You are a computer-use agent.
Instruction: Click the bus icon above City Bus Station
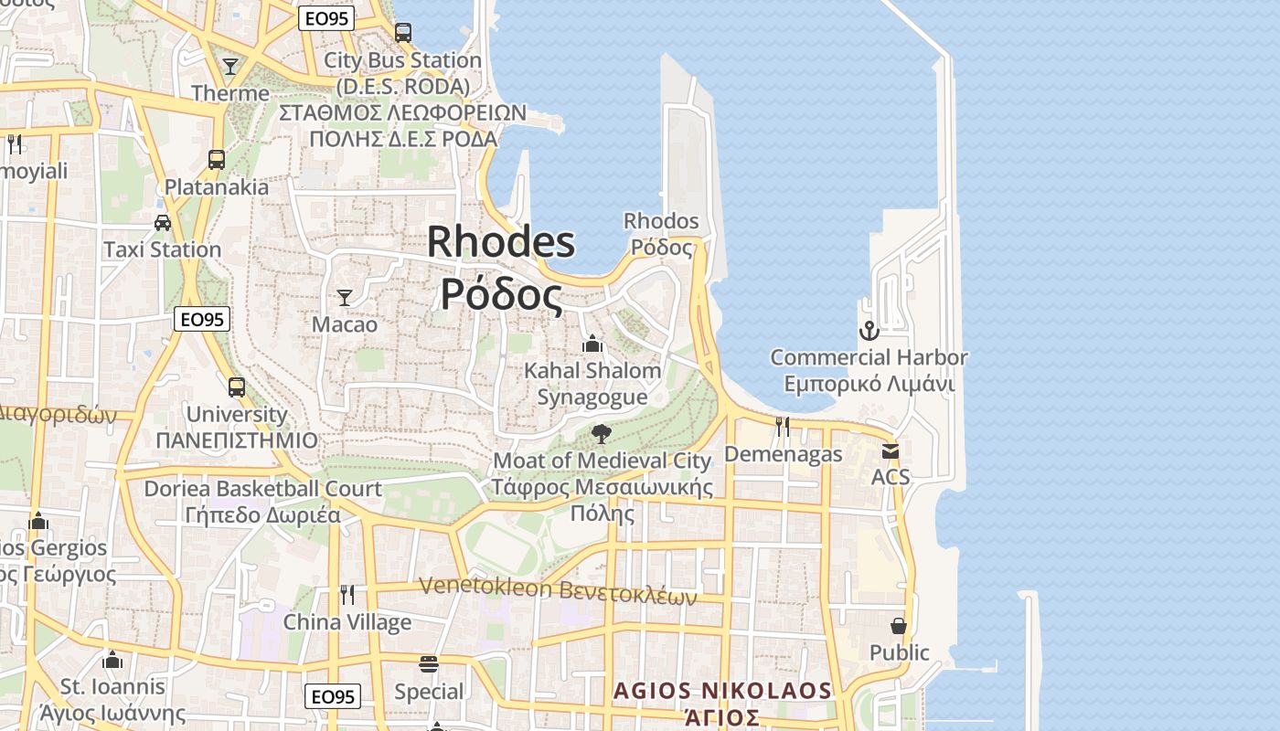(403, 33)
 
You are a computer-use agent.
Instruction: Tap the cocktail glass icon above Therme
(230, 67)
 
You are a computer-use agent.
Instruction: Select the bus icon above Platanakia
(217, 160)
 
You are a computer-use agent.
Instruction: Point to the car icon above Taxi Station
(163, 222)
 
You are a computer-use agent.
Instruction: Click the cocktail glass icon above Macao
(345, 297)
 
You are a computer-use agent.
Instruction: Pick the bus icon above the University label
(237, 387)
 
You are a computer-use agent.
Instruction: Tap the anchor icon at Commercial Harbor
(869, 330)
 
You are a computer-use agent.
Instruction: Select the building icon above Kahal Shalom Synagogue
(592, 344)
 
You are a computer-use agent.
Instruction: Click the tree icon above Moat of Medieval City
(601, 433)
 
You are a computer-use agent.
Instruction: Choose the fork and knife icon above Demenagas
(783, 426)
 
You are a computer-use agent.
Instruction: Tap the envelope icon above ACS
(891, 450)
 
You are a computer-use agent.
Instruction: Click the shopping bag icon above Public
(899, 626)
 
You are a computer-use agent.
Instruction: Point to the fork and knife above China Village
(347, 595)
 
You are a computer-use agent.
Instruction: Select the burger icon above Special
(429, 664)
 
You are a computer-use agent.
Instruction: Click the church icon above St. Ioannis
(113, 659)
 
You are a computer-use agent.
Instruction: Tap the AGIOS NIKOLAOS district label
(722, 691)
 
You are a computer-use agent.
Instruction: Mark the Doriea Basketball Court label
(262, 489)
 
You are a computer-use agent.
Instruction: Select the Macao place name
(345, 324)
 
